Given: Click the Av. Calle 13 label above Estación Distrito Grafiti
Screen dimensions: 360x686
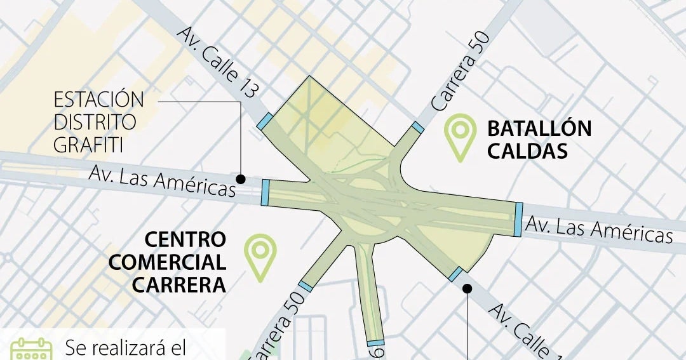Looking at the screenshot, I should coord(217,62).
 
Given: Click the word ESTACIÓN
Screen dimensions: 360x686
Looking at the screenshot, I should coord(98,100).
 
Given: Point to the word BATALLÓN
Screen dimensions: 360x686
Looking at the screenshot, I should coord(539,129).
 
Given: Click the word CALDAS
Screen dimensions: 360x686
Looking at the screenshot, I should coord(527,151).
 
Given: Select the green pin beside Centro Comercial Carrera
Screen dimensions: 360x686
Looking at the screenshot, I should coord(260,255).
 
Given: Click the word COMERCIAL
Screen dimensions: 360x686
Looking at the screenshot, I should coord(167,262).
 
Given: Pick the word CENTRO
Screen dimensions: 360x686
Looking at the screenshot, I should coord(185,239).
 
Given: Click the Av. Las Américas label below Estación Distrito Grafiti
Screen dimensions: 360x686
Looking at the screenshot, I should coord(162,180).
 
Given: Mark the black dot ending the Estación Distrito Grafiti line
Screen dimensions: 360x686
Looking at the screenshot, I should coord(241,178).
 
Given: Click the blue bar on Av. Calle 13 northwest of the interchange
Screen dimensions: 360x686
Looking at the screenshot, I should coord(265,122).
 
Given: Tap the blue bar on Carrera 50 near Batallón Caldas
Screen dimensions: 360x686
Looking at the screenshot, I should coord(417,128).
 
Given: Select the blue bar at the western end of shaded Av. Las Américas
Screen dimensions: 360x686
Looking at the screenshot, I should coord(265,192).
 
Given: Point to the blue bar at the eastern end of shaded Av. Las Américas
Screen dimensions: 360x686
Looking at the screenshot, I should coord(518,219).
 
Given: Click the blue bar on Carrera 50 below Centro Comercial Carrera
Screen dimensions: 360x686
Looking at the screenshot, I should coord(306,286).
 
